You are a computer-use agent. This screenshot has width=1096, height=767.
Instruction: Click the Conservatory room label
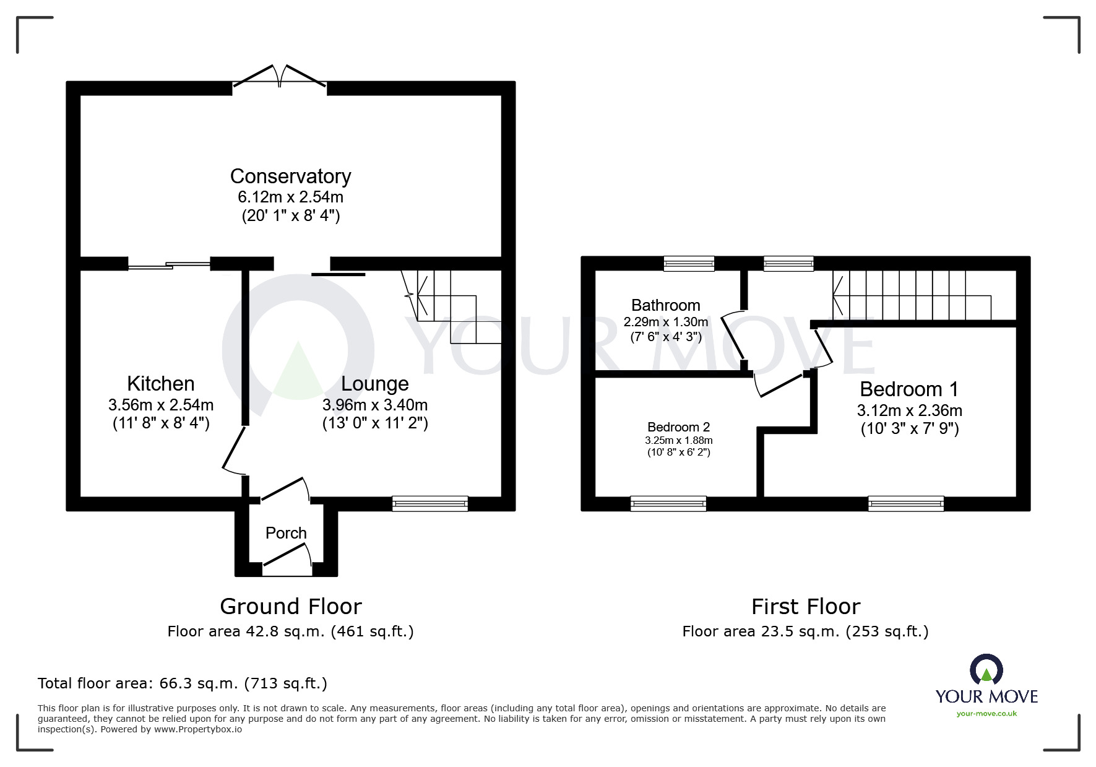tap(290, 176)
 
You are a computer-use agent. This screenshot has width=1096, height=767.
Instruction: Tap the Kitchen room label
tap(161, 384)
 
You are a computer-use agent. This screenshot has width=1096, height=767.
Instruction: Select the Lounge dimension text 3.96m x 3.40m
tap(374, 405)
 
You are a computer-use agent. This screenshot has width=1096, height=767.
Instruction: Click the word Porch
tap(286, 533)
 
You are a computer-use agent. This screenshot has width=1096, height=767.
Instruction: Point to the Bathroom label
tap(665, 305)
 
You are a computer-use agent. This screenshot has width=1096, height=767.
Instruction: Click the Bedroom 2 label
tap(678, 427)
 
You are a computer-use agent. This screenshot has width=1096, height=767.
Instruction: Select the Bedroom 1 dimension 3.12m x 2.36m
tap(909, 410)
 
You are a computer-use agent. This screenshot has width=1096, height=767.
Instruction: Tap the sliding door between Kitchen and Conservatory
tap(169, 266)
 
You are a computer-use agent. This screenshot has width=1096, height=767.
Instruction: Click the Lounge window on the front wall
tap(430, 504)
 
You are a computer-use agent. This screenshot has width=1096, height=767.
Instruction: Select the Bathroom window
tap(689, 264)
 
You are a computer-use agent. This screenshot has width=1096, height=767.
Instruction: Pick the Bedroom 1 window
tap(906, 504)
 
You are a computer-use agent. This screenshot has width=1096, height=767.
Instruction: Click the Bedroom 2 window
tap(668, 504)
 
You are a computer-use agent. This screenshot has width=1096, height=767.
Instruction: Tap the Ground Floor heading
tap(290, 606)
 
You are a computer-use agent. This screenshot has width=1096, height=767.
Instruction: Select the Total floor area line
tap(183, 683)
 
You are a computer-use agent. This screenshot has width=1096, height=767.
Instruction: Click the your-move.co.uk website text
tap(986, 714)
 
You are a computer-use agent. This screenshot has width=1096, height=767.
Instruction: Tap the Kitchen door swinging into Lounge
tap(234, 450)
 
